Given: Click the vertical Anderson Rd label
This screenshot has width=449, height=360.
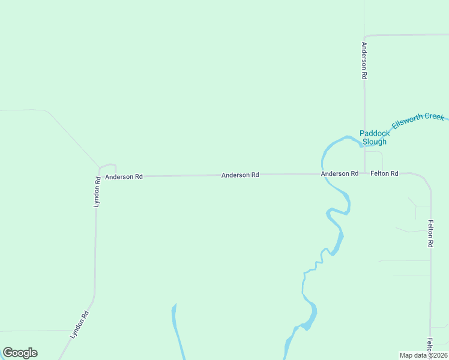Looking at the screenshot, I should point(364,61).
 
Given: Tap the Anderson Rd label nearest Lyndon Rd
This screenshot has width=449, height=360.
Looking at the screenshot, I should point(124,177).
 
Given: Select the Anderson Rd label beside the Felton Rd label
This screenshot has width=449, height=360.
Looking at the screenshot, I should point(339,173).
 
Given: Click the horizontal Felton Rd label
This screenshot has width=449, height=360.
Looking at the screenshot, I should point(384,173).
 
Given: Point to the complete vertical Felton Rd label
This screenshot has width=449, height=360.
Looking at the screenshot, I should point(430,234).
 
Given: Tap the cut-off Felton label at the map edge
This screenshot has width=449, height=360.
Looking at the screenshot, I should point(430,344).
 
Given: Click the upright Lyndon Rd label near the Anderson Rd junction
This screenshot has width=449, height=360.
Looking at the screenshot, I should point(97,192).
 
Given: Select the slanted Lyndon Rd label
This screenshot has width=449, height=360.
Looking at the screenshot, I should point(79,324).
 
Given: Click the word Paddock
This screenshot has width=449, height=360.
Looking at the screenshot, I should point(375,133).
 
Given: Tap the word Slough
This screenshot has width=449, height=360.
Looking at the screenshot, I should point(375,142).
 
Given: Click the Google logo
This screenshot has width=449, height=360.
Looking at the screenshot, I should point(20,353).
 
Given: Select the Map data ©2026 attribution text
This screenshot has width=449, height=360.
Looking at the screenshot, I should point(423,355).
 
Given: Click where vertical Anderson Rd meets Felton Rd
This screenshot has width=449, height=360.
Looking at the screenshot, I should point(364,173).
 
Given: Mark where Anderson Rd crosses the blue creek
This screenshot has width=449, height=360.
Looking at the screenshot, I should point(323,174).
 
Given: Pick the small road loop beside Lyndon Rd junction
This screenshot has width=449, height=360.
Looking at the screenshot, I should point(108,169).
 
